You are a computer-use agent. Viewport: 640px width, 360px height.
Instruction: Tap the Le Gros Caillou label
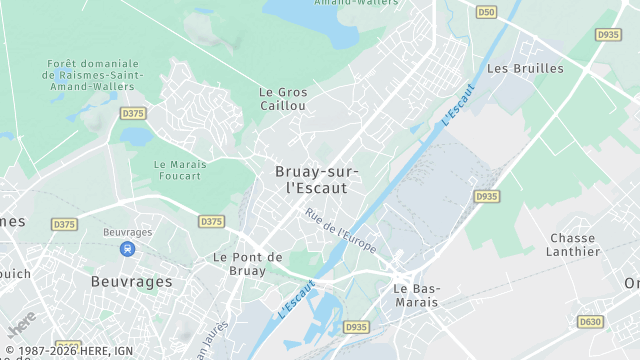[283, 98]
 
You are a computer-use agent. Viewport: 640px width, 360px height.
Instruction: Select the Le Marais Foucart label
[177, 169]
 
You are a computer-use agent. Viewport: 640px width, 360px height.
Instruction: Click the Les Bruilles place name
[524, 69]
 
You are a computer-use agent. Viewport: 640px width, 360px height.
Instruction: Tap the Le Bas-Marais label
[415, 295]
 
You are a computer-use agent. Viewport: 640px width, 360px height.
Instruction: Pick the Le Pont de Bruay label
[247, 263]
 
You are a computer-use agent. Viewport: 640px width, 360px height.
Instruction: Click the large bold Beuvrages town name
[131, 282]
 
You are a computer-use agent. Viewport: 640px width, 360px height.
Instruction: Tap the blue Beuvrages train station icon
[127, 249]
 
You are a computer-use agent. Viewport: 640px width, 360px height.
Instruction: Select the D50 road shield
[486, 12]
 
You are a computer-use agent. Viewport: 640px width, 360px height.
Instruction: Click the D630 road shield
[591, 321]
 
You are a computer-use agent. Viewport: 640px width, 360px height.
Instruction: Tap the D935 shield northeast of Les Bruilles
[608, 34]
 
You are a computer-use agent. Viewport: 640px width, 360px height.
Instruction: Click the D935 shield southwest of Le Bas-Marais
[356, 327]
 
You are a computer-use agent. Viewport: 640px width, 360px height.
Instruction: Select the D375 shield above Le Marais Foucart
[133, 113]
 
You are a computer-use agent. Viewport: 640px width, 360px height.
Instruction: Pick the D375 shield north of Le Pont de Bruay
[211, 221]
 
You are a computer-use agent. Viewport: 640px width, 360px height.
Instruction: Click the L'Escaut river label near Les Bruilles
[456, 104]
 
